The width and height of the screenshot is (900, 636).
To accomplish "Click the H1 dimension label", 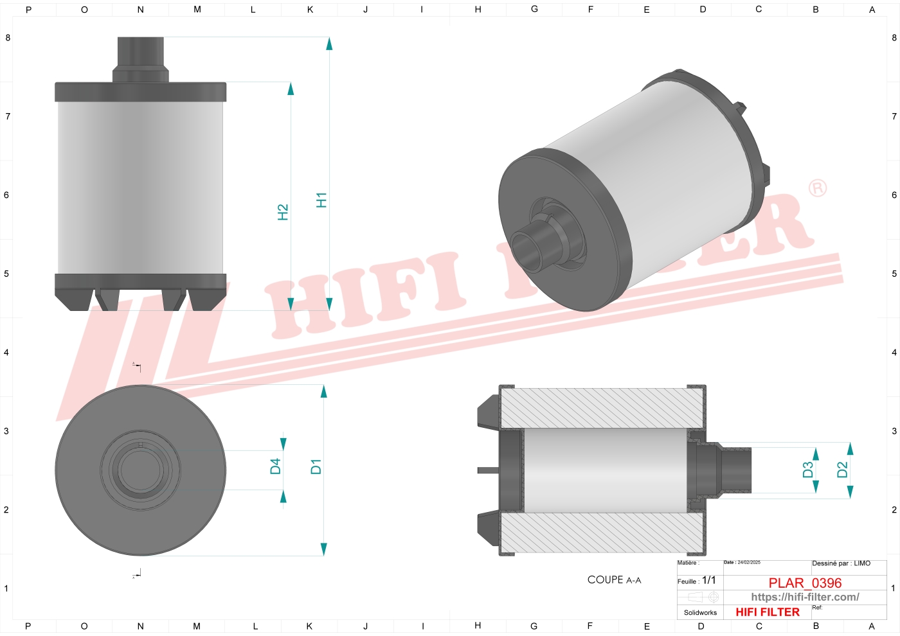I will [x=321, y=200].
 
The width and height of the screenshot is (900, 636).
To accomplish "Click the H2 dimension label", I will [x=283, y=212].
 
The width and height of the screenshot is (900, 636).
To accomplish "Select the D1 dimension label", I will [x=316, y=466].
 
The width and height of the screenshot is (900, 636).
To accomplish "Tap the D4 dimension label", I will [x=275, y=466].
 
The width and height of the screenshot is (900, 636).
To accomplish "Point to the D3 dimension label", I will [x=808, y=470].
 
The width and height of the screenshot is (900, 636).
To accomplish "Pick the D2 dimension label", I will [x=842, y=470].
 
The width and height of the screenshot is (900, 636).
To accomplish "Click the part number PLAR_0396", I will [x=805, y=583].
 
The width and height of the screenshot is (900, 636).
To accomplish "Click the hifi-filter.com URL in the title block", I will [x=805, y=597].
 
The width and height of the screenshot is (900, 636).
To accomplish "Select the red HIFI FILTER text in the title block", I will [x=768, y=612].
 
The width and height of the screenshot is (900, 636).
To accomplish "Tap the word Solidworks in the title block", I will [x=700, y=613].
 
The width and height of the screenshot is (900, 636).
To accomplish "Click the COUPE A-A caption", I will [x=614, y=579].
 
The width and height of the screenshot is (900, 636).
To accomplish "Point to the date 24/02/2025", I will [x=748, y=562].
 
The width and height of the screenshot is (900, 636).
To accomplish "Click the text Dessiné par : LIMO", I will [x=841, y=563].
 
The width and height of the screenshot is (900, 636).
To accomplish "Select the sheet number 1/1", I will [x=708, y=580].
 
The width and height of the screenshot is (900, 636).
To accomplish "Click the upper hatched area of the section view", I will [x=601, y=409].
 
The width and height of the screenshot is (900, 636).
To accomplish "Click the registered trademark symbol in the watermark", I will [x=817, y=188].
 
